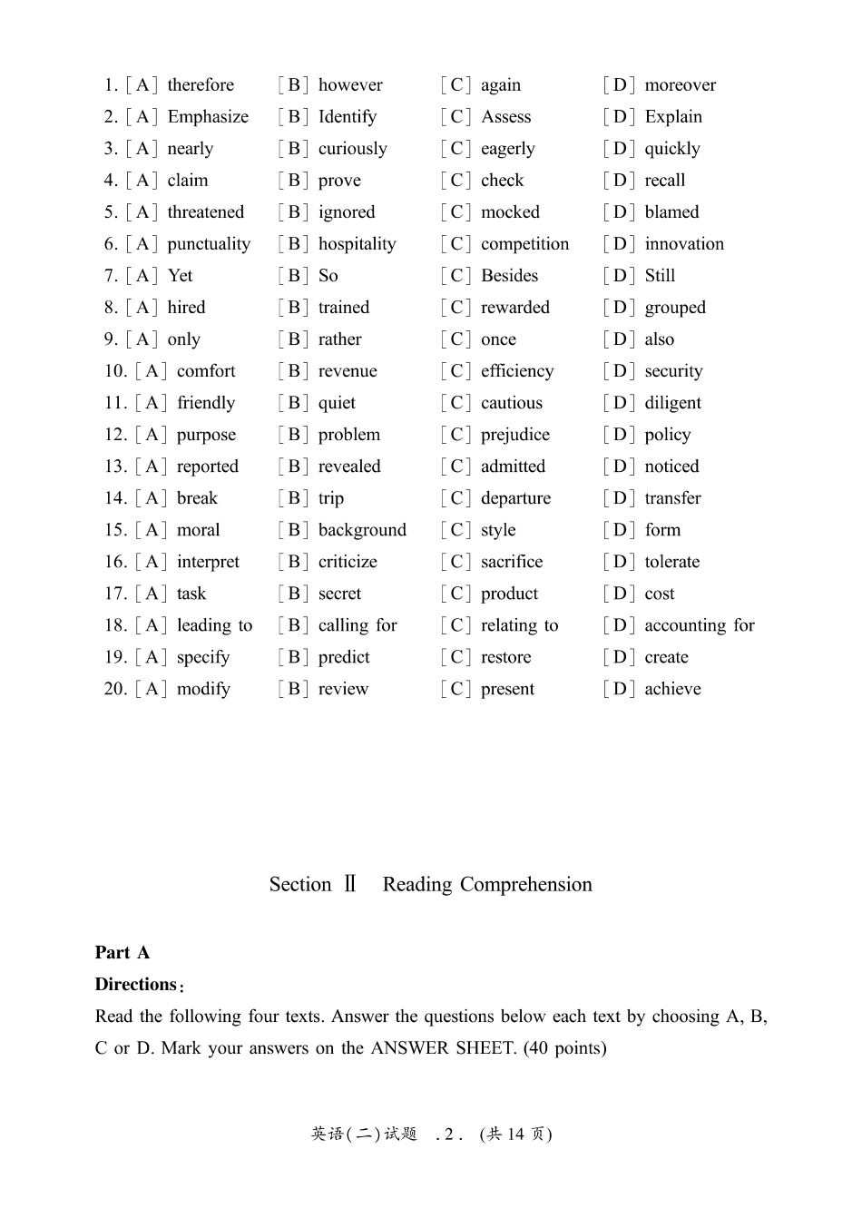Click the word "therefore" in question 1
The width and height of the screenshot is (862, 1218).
pyautogui.click(x=201, y=85)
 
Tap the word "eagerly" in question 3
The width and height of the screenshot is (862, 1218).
pyautogui.click(x=507, y=149)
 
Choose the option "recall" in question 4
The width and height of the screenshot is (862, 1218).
pyautogui.click(x=664, y=181)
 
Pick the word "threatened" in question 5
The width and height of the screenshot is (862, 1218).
pyautogui.click(x=206, y=212)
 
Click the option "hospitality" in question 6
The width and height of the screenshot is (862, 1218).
pyautogui.click(x=357, y=244)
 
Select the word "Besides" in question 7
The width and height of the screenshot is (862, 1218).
pyautogui.click(x=509, y=276)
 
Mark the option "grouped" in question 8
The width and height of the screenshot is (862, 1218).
pyautogui.click(x=674, y=308)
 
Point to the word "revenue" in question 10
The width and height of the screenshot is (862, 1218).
pyautogui.click(x=348, y=371)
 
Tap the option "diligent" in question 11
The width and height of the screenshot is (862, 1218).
pyautogui.click(x=672, y=403)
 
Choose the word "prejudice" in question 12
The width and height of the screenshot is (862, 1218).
pyautogui.click(x=514, y=435)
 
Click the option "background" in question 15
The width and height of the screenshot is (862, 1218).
pyautogui.click(x=362, y=530)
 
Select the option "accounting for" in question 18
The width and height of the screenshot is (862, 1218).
pyautogui.click(x=699, y=625)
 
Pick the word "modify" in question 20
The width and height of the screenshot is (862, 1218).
pyautogui.click(x=203, y=689)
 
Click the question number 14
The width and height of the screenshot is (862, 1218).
pyautogui.click(x=115, y=498)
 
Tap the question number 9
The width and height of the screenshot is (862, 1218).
pyautogui.click(x=111, y=339)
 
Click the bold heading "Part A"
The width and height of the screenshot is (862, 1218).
pyautogui.click(x=122, y=952)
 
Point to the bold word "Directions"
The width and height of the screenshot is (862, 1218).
pyautogui.click(x=136, y=984)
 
